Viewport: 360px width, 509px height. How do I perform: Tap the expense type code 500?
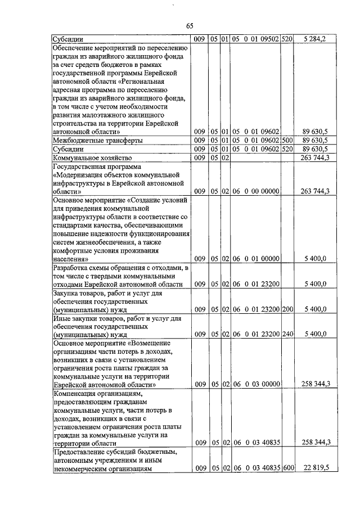[x=287, y=139]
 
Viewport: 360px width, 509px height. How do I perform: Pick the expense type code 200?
[x=287, y=309]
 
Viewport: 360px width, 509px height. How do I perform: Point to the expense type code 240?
[x=287, y=334]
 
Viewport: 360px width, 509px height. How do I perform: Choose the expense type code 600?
[x=287, y=468]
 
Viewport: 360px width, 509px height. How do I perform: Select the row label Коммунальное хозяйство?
[x=92, y=158]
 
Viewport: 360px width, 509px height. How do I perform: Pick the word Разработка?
[x=71, y=268]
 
